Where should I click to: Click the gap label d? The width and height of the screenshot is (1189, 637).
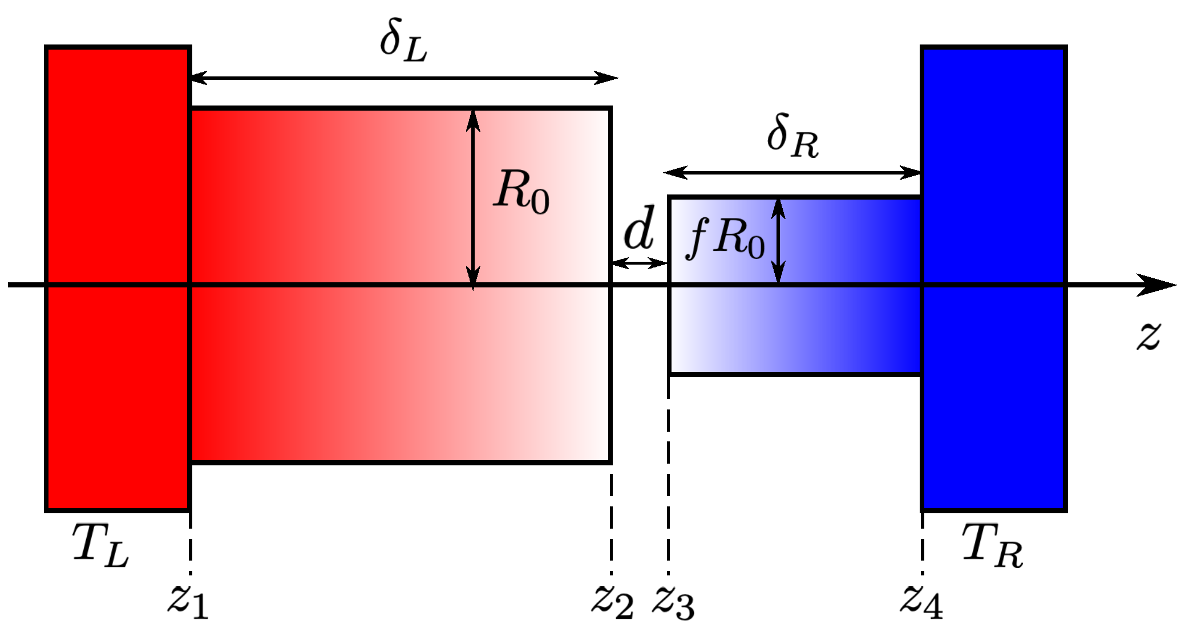639,229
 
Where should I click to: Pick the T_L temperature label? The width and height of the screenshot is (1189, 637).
100,546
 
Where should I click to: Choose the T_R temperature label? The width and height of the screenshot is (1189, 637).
992,546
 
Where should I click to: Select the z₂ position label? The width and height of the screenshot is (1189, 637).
612,602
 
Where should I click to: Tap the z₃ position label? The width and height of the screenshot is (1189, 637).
673,602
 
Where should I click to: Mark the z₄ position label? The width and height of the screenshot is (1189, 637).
921,602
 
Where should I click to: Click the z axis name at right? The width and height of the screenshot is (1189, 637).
1148,336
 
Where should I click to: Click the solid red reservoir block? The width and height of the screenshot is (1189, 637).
117,171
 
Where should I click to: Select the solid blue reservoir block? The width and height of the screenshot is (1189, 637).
993,171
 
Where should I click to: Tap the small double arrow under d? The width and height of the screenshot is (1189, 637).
639,263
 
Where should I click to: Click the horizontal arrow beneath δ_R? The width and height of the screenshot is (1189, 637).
792,172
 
